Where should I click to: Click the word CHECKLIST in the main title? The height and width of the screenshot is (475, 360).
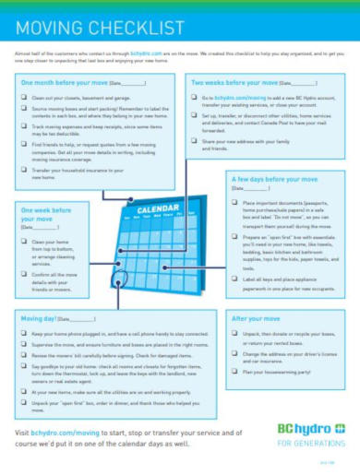[x=108, y=30]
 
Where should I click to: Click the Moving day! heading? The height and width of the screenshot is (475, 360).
[x=41, y=318]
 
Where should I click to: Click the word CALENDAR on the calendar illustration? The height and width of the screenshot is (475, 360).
[x=156, y=210]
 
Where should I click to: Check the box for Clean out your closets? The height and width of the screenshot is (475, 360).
[x=23, y=97]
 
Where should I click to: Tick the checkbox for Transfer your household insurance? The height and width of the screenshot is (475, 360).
[x=23, y=171]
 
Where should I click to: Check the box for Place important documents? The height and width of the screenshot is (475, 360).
[x=235, y=200]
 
